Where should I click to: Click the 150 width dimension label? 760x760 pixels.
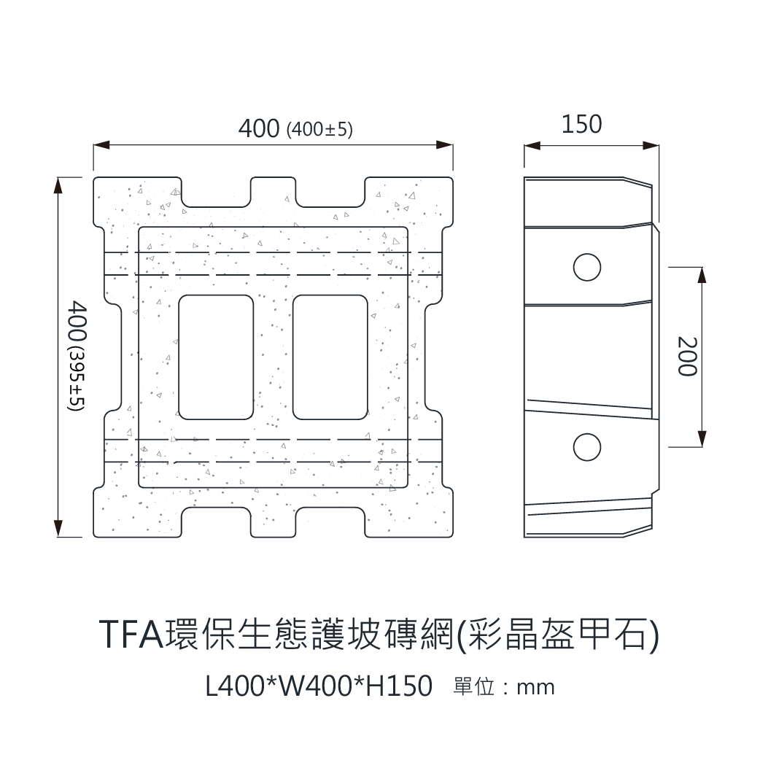pos(581,124)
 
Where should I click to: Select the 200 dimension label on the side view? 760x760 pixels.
pos(687,356)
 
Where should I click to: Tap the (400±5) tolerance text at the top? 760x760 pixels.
pos(320,130)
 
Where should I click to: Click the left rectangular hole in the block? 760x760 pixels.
pos(216,357)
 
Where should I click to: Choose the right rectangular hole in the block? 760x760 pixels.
pos(330,357)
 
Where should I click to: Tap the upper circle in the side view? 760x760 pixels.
pos(586,267)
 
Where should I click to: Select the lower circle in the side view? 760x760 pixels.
pos(586,446)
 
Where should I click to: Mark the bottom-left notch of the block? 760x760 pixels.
pos(216,521)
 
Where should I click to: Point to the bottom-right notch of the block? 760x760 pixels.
pos(330,521)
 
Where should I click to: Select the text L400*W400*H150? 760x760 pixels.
pos(319,686)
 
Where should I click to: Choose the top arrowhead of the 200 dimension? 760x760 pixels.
pos(702,274)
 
